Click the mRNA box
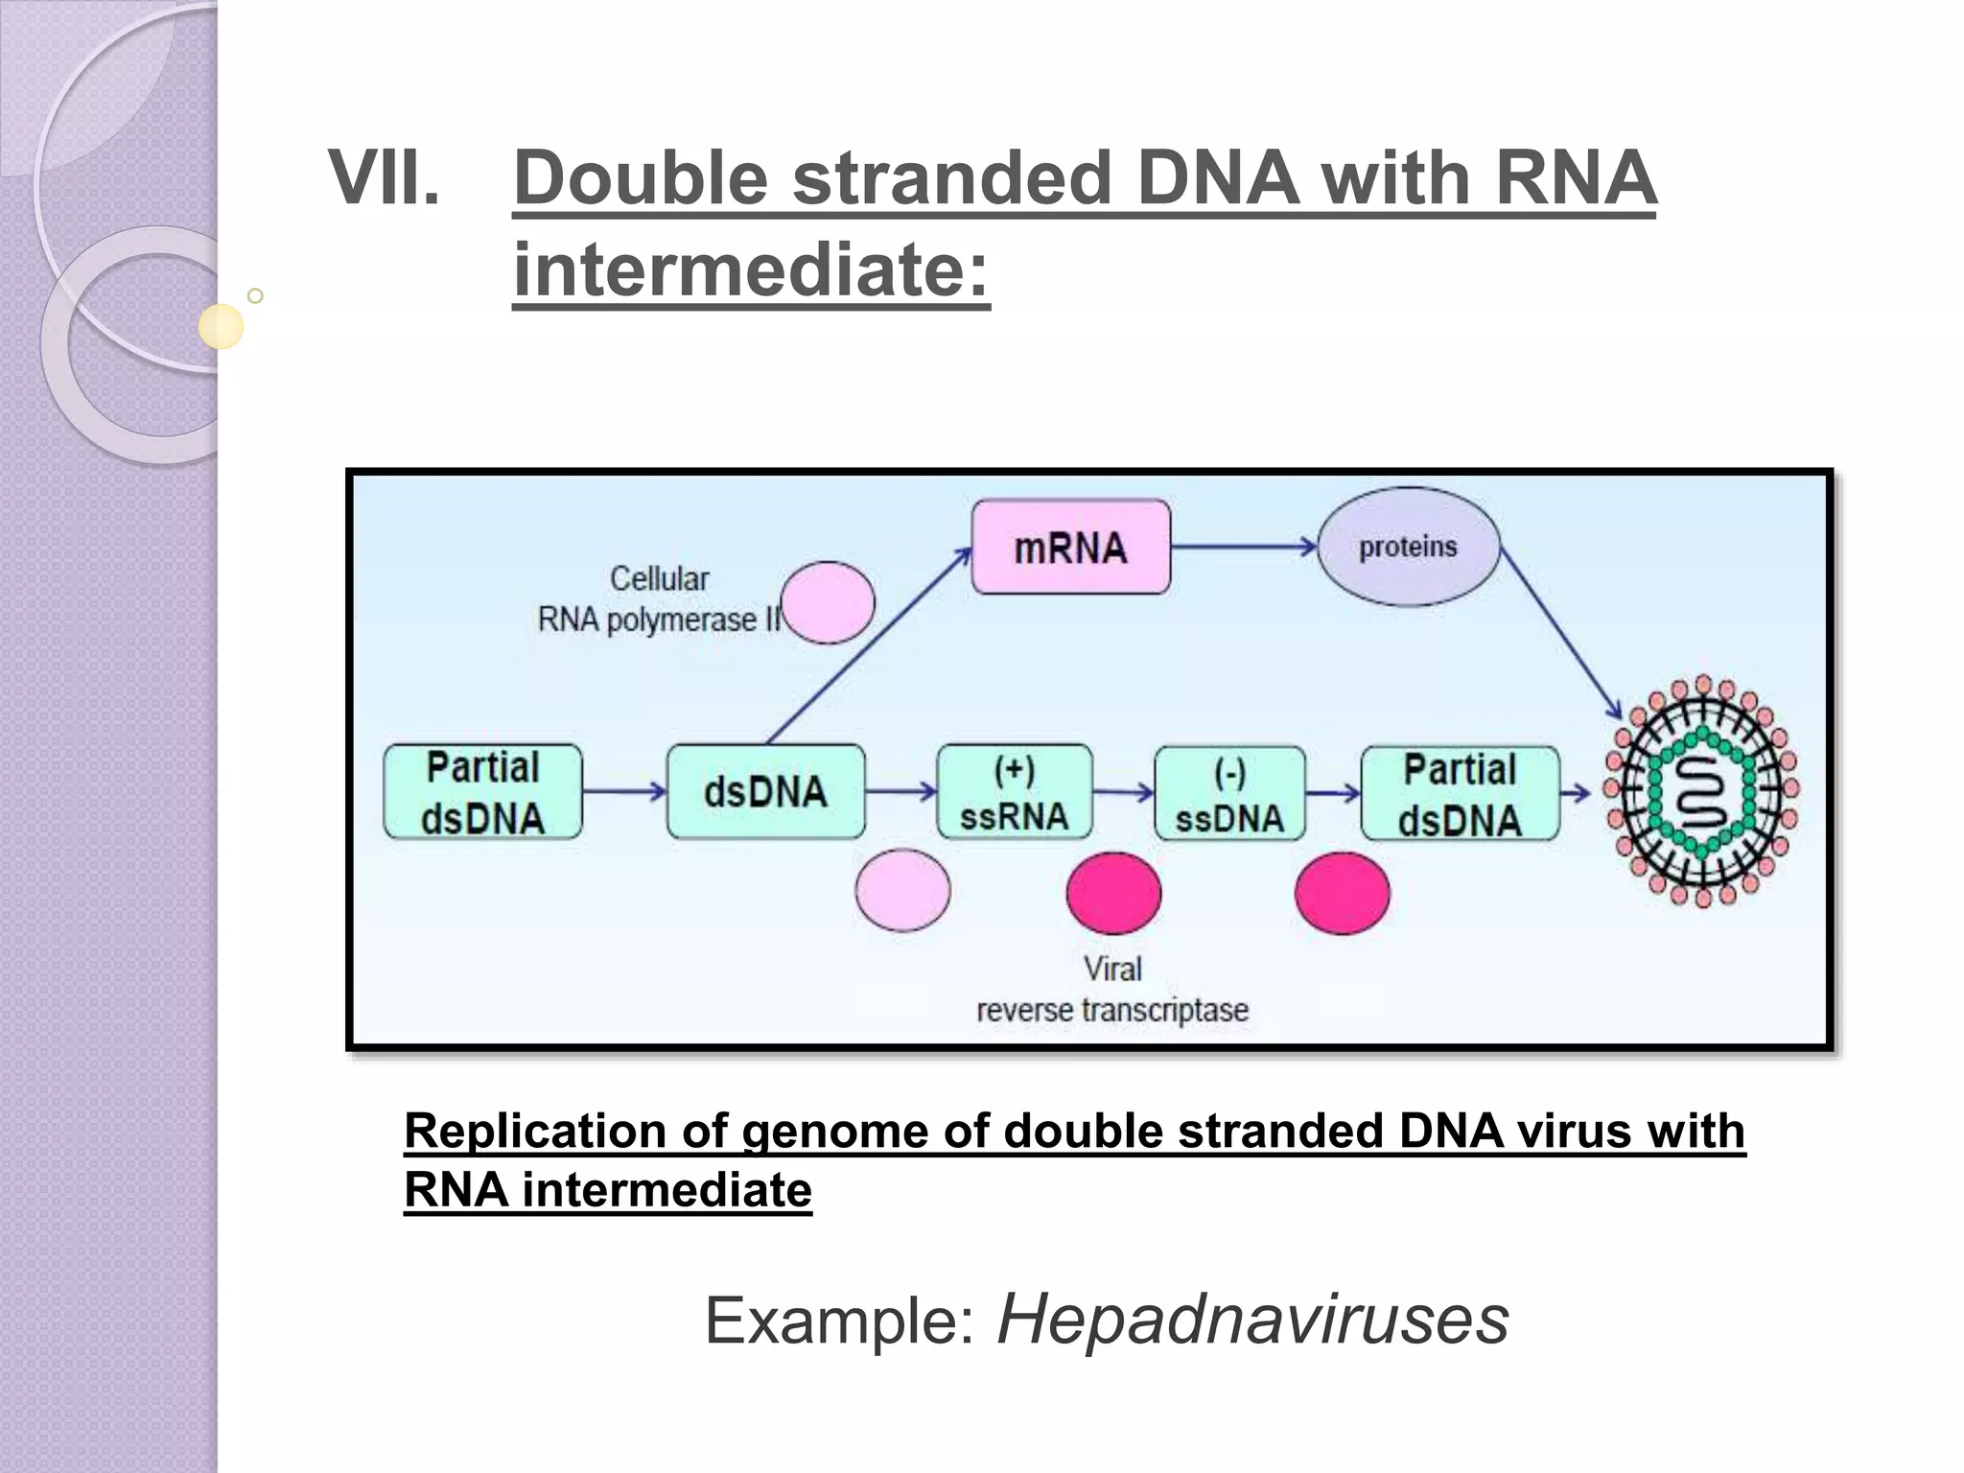pyautogui.click(x=1070, y=547)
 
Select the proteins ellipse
pyautogui.click(x=1408, y=547)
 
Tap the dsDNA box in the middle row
pyautogui.click(x=765, y=792)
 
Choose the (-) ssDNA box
pyautogui.click(x=1229, y=794)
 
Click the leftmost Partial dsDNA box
pyautogui.click(x=482, y=792)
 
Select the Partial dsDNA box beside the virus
pyautogui.click(x=1460, y=794)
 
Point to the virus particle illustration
pyautogui.click(x=1701, y=791)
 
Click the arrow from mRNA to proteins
pyautogui.click(x=1243, y=547)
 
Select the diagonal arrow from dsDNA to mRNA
pyautogui.click(x=868, y=647)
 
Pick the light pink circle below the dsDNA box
pyautogui.click(x=902, y=890)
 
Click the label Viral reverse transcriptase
pyautogui.click(x=1112, y=990)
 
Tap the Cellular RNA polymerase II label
pyautogui.click(x=660, y=599)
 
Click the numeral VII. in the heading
pyautogui.click(x=384, y=178)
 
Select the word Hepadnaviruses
pyautogui.click(x=1252, y=1320)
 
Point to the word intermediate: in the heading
pyautogui.click(x=750, y=269)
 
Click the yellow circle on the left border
pyautogui.click(x=221, y=326)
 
